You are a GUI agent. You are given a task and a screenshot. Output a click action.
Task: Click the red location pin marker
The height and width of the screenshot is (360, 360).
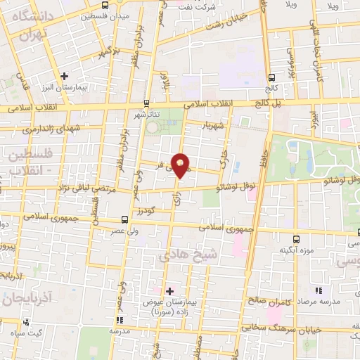pos(181,164)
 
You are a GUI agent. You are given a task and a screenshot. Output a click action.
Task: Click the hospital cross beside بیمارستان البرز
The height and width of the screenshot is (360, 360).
pos(64,76)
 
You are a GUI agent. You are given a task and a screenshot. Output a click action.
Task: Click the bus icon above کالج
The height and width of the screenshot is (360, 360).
pos(271,77)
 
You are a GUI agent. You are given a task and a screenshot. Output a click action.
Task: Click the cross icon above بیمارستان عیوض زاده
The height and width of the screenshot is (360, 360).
pos(169,290)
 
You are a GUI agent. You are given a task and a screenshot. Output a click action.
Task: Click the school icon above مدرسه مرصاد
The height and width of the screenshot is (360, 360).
pos(318,290)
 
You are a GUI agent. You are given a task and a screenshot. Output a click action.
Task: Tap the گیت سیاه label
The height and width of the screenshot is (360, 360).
pos(30,331)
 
